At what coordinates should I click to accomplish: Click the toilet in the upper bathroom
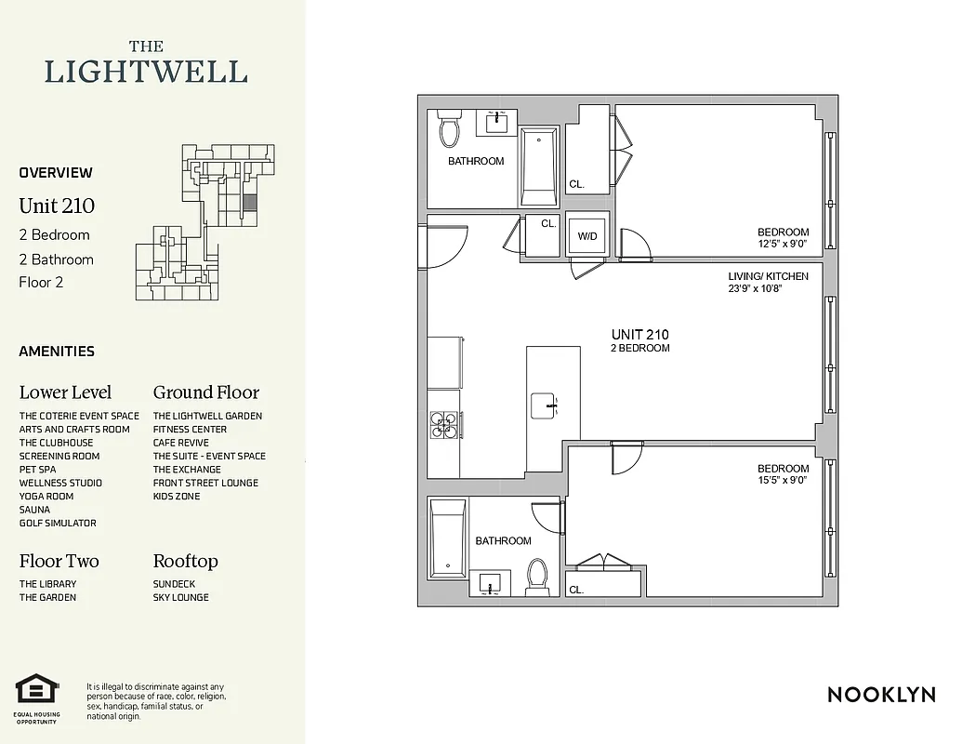[450, 131]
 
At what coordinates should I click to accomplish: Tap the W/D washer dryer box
[587, 236]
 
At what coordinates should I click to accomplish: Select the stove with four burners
[443, 423]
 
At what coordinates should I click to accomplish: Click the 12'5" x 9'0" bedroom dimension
[783, 245]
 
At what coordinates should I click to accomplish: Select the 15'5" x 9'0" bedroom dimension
[783, 481]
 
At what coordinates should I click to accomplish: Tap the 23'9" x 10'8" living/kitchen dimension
[768, 288]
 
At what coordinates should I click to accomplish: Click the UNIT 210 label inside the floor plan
[639, 335]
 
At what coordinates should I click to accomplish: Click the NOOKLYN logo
[880, 695]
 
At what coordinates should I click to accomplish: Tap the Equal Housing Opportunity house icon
[36, 690]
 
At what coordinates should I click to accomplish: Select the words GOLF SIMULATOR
[58, 524]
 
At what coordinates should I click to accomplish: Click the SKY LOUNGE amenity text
[180, 598]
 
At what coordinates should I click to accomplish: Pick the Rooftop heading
[185, 562]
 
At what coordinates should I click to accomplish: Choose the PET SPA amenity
[37, 470]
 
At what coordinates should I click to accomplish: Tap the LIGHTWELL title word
[146, 73]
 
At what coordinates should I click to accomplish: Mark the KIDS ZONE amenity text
[177, 497]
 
